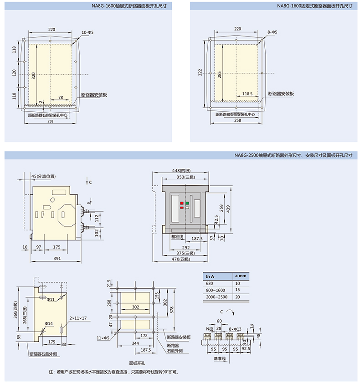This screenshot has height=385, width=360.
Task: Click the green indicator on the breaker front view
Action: point(187,203)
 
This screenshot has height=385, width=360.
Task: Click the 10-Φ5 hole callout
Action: point(87,32)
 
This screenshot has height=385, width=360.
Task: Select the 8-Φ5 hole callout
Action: point(272,32)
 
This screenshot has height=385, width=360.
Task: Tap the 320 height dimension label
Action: point(33,75)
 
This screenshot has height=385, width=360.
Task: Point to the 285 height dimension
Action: point(219,75)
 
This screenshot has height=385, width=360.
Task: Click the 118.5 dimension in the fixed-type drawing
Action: point(247,94)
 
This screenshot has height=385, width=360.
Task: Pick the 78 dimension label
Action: point(61,97)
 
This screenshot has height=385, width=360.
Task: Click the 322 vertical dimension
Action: point(200,73)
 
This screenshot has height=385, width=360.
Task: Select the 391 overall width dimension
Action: point(57,258)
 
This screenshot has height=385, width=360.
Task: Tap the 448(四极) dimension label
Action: point(181,171)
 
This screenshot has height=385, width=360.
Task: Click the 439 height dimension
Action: point(228,209)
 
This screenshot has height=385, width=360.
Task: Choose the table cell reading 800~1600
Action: point(215,290)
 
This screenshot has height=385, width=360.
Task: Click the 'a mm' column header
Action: point(241,276)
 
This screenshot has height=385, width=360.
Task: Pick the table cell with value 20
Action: point(237,297)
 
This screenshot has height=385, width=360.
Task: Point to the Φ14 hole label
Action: point(49,323)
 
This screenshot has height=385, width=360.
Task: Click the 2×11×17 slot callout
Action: point(78,318)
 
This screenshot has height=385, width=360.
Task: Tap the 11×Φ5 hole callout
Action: point(103,338)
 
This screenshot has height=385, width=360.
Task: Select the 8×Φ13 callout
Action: point(235,329)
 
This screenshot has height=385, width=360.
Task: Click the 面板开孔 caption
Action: point(137,363)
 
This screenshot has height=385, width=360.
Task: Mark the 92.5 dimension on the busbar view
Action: point(246,349)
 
